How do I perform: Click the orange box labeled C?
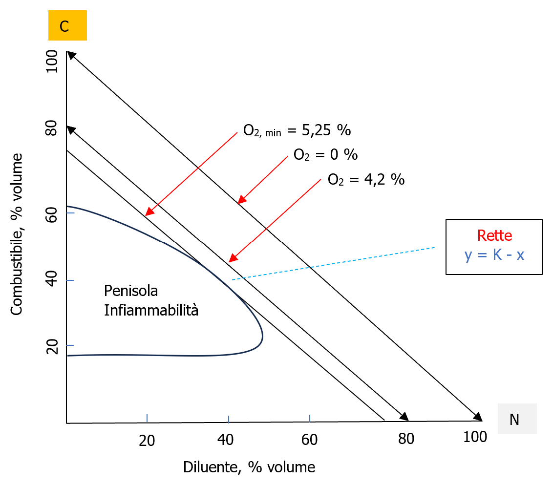coord(67,26)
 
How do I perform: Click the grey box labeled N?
coord(517,419)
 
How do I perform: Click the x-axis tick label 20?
coord(147,440)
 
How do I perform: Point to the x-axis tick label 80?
coord(406,439)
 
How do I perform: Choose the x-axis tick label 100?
coord(475,437)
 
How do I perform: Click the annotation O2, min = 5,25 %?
coord(297,131)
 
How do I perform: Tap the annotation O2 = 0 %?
coord(325,155)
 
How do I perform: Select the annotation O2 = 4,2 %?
coord(366,180)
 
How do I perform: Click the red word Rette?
coord(494,235)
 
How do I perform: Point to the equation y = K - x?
coord(494,254)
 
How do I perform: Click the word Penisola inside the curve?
coord(131,291)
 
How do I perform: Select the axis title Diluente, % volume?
coord(249,467)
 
